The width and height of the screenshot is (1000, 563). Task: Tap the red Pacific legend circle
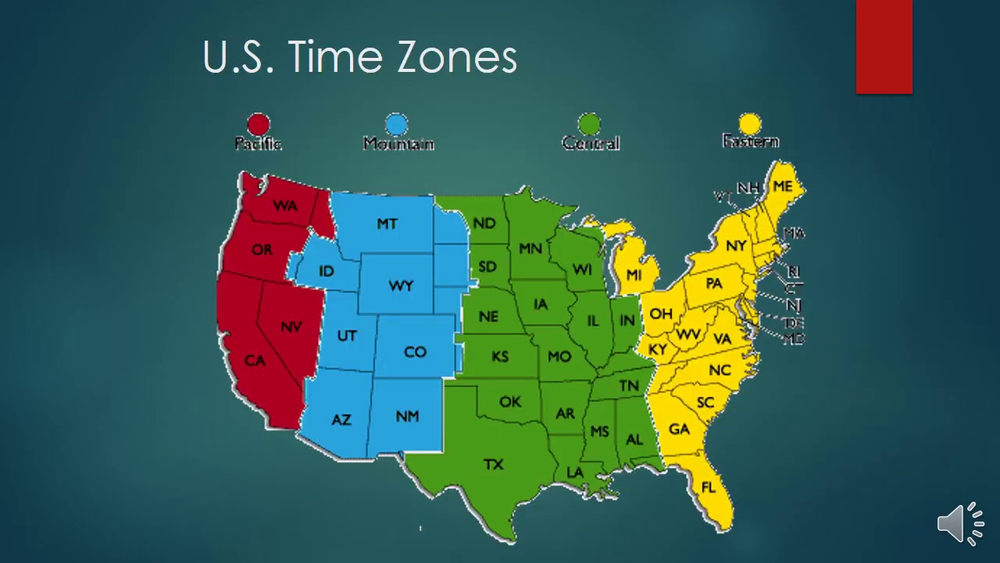[259, 124]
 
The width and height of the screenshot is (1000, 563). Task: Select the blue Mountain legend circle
[397, 124]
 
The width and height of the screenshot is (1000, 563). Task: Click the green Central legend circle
[589, 124]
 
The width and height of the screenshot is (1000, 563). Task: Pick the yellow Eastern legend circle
[750, 124]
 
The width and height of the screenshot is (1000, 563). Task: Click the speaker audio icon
[960, 522]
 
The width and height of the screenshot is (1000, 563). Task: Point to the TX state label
[493, 464]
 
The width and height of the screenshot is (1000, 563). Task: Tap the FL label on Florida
[708, 488]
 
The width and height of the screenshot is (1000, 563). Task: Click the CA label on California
[255, 360]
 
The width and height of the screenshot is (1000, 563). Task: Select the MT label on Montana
[387, 224]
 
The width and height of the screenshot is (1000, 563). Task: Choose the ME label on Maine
[782, 186]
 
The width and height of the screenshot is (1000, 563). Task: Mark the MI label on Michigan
[634, 275]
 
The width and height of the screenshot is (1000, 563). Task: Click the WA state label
[284, 206]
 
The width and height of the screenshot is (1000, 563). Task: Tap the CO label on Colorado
[415, 352]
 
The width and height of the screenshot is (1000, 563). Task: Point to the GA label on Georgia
[679, 429]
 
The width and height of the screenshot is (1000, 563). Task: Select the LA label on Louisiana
[575, 472]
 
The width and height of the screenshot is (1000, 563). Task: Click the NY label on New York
[735, 246]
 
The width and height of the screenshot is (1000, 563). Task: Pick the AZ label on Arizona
[341, 420]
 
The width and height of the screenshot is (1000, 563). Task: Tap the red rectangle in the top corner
[884, 47]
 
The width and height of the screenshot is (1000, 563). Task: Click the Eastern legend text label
[750, 142]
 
